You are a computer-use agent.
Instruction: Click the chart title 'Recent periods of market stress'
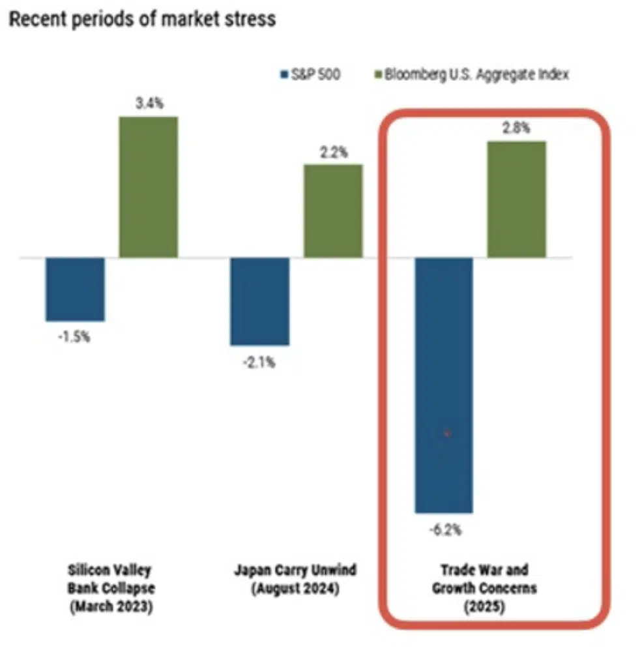click(x=141, y=19)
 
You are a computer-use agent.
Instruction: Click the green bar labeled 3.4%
click(x=148, y=187)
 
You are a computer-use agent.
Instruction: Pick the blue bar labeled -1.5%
click(x=75, y=289)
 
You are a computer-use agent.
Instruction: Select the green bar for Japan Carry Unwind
click(x=333, y=211)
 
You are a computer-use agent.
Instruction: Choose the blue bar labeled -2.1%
click(x=259, y=301)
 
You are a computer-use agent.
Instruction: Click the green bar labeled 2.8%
click(x=517, y=199)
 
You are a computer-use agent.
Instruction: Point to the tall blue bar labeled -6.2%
click(x=444, y=385)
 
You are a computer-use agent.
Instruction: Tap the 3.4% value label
click(x=148, y=103)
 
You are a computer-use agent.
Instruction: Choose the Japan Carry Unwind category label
click(x=295, y=578)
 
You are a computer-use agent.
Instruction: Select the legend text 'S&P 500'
click(x=313, y=75)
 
